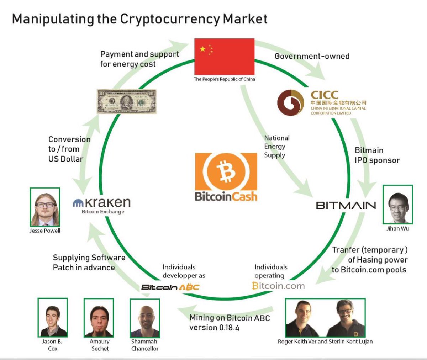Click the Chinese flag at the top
[x=224, y=56]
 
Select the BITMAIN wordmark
[x=346, y=206]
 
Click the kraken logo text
[x=102, y=203]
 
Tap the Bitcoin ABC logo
[x=170, y=287]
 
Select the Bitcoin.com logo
[x=278, y=286]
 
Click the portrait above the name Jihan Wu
[x=397, y=204]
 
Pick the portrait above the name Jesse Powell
[x=45, y=207]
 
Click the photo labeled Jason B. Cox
[x=53, y=317]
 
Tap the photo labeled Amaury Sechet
[x=99, y=317]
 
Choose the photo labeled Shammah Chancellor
[x=145, y=317]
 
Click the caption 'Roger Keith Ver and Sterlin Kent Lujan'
[x=325, y=342]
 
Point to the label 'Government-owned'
[x=312, y=56]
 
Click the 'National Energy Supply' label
[x=276, y=146]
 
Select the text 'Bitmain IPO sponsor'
[x=377, y=155]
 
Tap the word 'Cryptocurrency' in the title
[x=170, y=19]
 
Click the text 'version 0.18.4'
[x=214, y=328]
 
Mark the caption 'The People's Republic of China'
[x=224, y=79]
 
